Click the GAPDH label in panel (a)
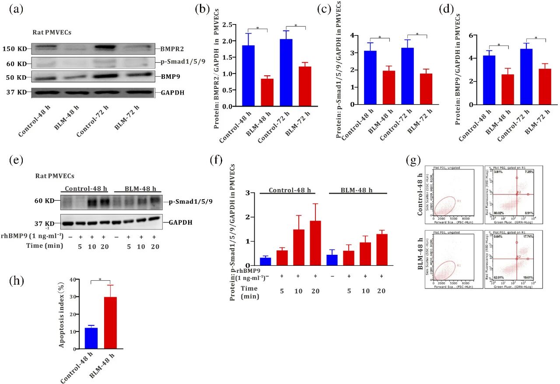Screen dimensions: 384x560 [168, 92]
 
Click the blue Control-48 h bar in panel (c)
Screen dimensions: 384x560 [370, 78]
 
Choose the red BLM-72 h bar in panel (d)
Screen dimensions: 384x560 [538, 87]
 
